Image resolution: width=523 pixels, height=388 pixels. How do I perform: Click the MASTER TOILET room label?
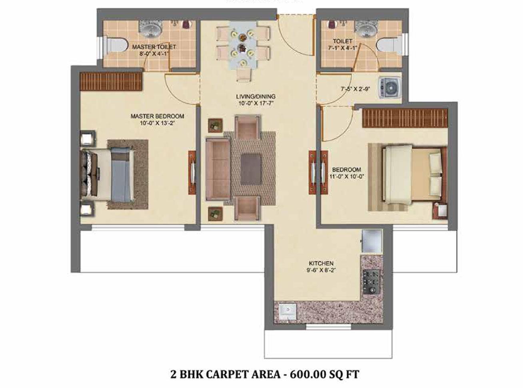pyautogui.click(x=154, y=47)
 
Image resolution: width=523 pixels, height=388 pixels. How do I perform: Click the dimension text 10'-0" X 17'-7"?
pyautogui.click(x=256, y=103)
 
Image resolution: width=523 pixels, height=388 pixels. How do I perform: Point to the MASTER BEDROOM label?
pyautogui.click(x=157, y=116)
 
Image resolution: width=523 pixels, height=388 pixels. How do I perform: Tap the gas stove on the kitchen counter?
pyautogui.click(x=371, y=282)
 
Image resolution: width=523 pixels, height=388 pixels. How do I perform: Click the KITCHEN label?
pyautogui.click(x=321, y=263)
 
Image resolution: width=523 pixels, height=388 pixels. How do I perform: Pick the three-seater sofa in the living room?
pyautogui.click(x=218, y=169)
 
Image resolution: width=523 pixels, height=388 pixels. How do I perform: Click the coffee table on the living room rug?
pyautogui.click(x=251, y=169)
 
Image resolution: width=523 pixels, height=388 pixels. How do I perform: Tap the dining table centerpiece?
pyautogui.click(x=242, y=42)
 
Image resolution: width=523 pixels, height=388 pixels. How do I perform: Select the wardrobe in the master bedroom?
pyautogui.click(x=111, y=82)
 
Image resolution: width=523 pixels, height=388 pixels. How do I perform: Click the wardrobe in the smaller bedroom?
pyautogui.click(x=405, y=118)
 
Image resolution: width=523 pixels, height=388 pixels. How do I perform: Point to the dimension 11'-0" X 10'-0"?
pyautogui.click(x=346, y=176)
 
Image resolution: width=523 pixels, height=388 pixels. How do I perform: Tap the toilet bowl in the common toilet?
pyautogui.click(x=389, y=46)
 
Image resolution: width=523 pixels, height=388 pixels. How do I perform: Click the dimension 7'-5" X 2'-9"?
pyautogui.click(x=355, y=89)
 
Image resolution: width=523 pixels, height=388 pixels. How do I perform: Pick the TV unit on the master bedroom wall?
pyautogui.click(x=192, y=173)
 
